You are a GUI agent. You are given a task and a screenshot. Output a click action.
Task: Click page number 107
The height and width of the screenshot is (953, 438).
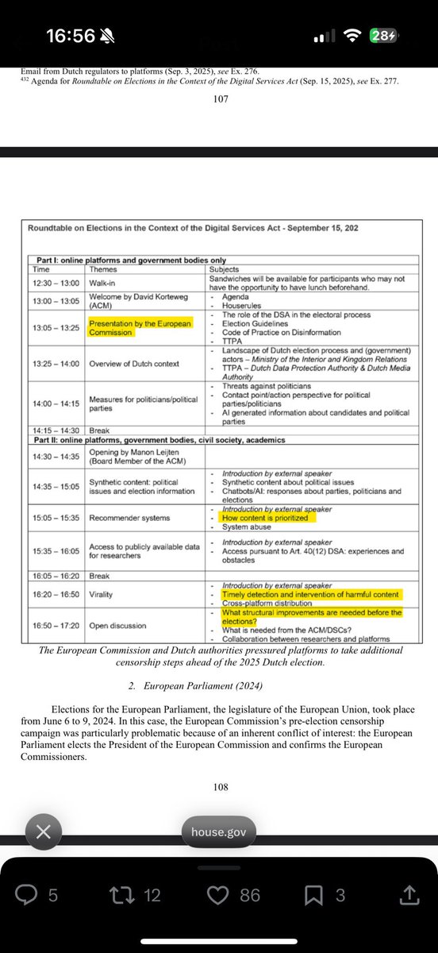pyautogui.click(x=220, y=100)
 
